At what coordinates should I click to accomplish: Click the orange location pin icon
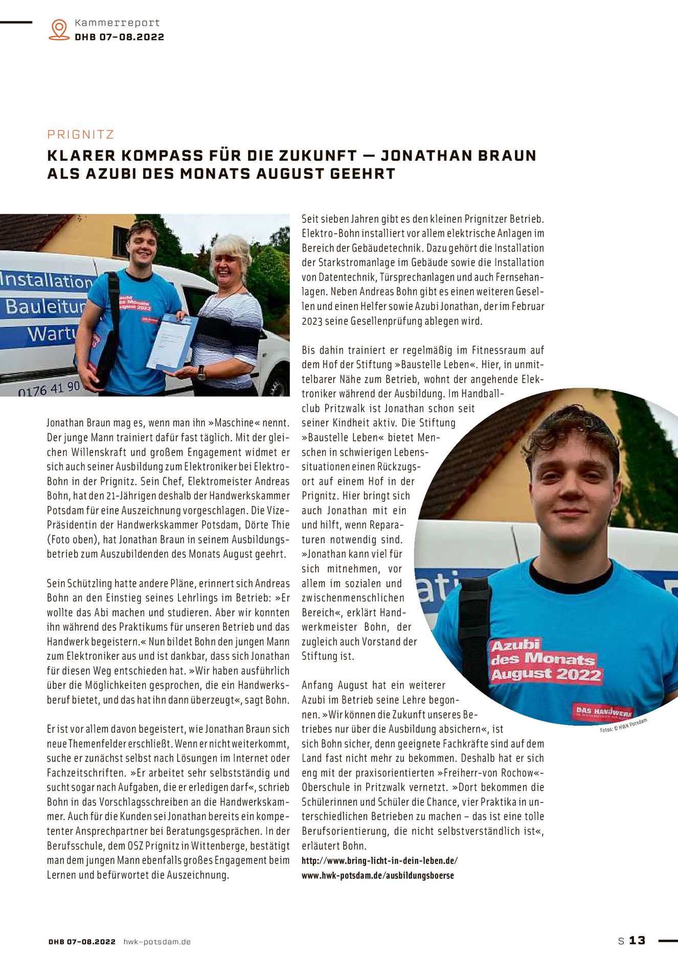point(59,29)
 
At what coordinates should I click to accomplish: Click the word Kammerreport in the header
point(117,23)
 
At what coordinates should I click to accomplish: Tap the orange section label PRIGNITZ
point(81,135)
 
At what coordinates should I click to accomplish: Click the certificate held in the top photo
point(171,341)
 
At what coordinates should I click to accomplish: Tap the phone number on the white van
point(49,388)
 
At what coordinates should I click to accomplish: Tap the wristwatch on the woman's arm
point(201,372)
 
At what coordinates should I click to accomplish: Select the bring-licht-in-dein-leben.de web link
point(379,860)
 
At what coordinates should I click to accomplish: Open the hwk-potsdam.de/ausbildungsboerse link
point(377,875)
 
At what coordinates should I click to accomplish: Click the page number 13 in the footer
point(637,940)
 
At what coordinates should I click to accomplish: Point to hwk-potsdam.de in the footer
point(157,942)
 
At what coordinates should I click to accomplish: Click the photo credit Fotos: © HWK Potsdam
point(623,726)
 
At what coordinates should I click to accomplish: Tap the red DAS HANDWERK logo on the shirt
point(603,711)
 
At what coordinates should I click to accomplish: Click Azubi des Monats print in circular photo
point(545,661)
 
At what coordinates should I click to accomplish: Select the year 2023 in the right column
point(310,321)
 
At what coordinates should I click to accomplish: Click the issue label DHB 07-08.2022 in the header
point(119,37)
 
